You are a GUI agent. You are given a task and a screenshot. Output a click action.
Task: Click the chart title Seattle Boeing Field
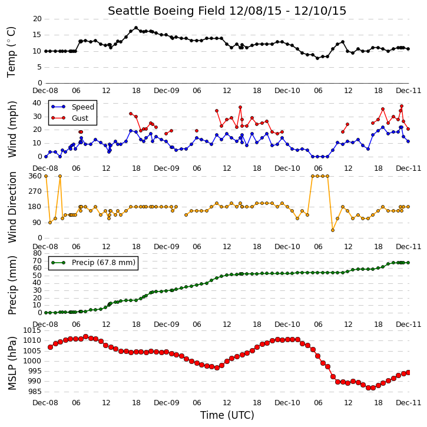tap(167, 11)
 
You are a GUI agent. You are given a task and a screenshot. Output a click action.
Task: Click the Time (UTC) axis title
tap(227, 415)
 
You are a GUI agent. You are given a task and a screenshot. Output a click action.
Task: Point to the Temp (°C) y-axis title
tap(11, 52)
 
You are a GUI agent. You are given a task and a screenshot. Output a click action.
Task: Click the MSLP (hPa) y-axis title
tap(12, 363)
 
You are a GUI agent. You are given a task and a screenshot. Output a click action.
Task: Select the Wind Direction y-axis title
tap(12, 207)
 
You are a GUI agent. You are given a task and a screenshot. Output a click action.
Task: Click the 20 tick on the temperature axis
tap(37, 19)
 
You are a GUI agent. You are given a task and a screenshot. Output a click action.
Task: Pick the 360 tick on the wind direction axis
tap(35, 176)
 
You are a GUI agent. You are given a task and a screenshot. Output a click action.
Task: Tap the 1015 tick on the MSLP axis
tap(32, 330)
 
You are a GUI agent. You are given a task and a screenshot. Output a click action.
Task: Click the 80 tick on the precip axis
tap(37, 253)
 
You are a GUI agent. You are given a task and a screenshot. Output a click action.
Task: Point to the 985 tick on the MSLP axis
tap(35, 392)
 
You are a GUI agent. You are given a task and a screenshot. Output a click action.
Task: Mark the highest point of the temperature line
tap(136, 28)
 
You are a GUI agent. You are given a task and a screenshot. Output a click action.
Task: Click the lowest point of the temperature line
tap(317, 58)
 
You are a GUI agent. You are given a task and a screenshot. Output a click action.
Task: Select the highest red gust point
tap(402, 106)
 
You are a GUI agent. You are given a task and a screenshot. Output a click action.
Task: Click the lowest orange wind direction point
tap(333, 230)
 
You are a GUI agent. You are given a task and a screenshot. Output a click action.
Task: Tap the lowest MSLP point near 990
tap(370, 388)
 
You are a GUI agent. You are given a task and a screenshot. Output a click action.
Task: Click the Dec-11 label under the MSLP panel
tap(408, 402)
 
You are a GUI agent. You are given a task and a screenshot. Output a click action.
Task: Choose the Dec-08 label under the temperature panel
tap(45, 91)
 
